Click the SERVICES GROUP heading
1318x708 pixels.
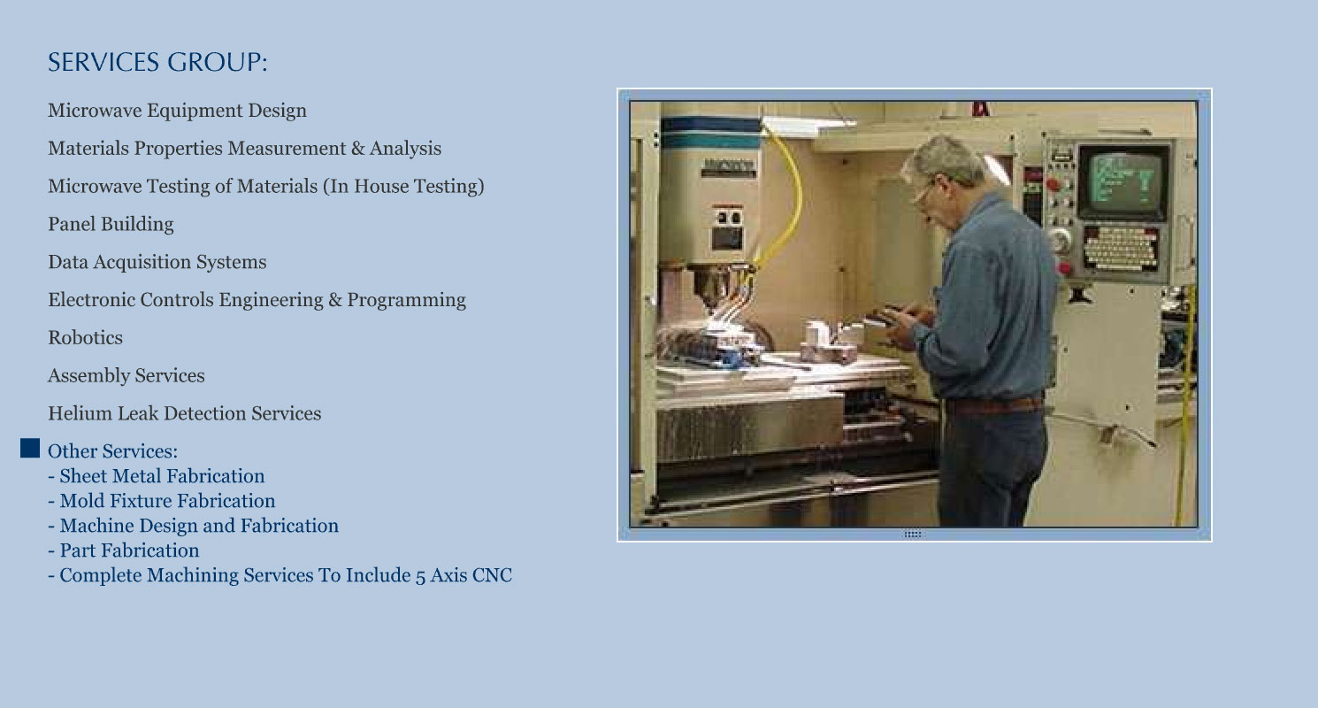(x=157, y=62)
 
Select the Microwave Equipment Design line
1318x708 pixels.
(x=177, y=111)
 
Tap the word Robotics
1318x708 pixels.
(x=85, y=338)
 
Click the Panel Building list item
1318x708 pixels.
(x=111, y=224)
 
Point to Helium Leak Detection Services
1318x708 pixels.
(x=185, y=413)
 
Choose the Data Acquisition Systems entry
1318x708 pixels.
(x=157, y=262)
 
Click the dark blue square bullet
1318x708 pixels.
(x=30, y=448)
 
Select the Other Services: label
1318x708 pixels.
(x=112, y=451)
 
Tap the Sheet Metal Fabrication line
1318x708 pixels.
(x=157, y=476)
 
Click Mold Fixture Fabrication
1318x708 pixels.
(x=162, y=501)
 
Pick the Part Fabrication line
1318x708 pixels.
(x=124, y=550)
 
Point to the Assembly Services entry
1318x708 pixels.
(x=126, y=375)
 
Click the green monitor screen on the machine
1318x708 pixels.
(x=1123, y=181)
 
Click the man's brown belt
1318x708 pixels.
(x=994, y=405)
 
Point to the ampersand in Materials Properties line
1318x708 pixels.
(x=357, y=149)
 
